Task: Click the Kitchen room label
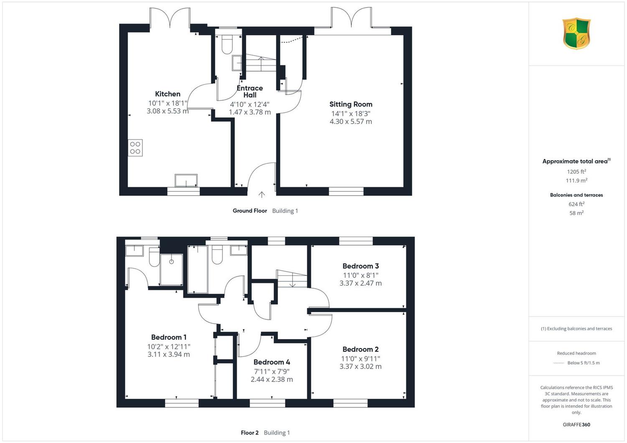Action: (168, 94)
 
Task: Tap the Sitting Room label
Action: (351, 104)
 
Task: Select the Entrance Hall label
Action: (250, 92)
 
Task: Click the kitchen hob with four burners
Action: (135, 148)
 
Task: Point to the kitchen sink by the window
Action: (186, 181)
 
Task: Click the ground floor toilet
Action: (227, 44)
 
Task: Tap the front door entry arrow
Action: (262, 195)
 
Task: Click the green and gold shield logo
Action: (576, 33)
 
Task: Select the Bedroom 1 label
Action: (169, 337)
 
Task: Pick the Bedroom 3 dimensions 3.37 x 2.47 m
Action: (360, 283)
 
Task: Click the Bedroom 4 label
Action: (272, 362)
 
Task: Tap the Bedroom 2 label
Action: (360, 349)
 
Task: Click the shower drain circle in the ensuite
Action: (171, 262)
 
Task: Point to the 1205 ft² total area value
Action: (576, 171)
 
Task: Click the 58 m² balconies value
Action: (576, 213)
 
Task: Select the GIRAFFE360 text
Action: (576, 425)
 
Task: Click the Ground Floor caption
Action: (250, 211)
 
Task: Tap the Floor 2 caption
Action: (250, 433)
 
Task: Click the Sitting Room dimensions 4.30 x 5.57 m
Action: (351, 122)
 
